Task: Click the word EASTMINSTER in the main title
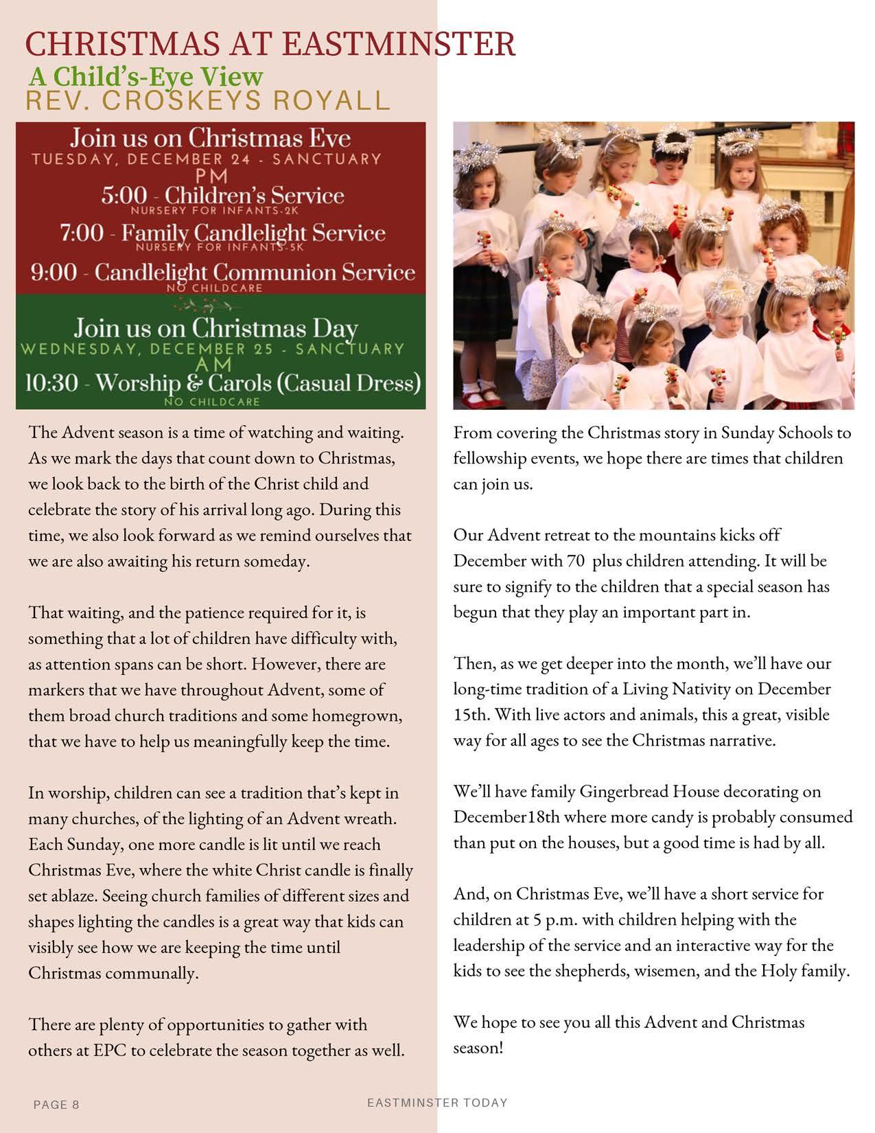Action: (399, 45)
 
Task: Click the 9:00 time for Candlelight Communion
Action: (54, 273)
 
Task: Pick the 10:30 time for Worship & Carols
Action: (51, 383)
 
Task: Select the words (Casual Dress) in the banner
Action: (358, 382)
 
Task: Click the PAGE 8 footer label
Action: (56, 1105)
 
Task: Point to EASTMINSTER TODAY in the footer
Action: (437, 1103)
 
